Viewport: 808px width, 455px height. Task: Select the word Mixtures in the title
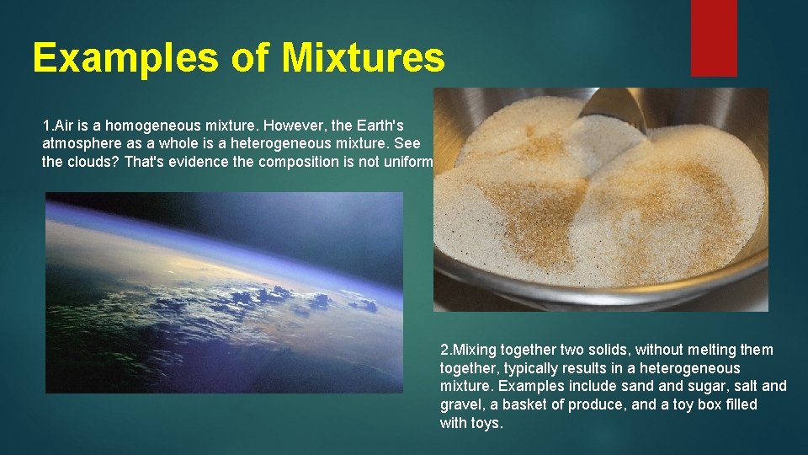click(x=363, y=58)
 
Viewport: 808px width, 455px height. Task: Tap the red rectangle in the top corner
click(x=714, y=38)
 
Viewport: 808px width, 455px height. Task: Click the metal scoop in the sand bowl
click(x=615, y=110)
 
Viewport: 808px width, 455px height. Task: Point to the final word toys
click(x=484, y=424)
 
